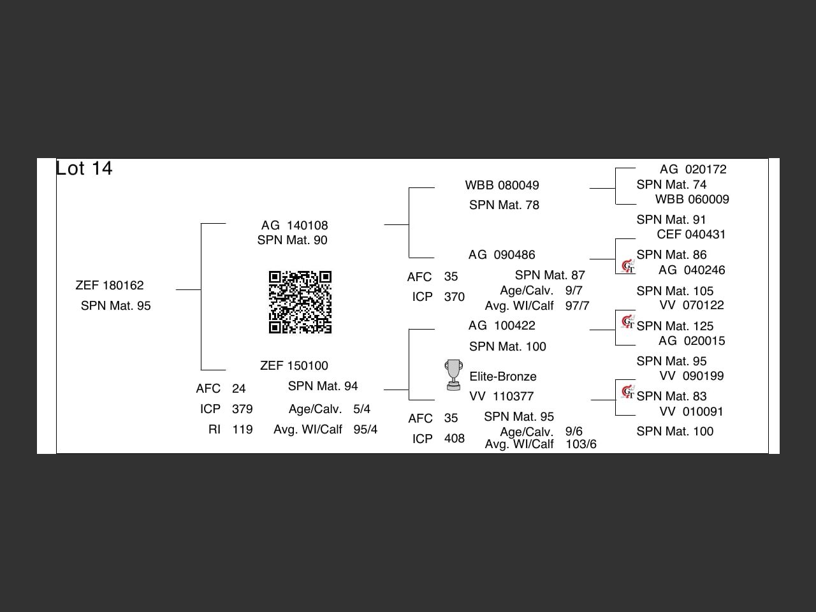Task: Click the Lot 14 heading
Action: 84,168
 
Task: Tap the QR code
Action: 300,302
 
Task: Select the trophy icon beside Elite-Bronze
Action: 453,374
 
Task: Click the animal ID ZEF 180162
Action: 110,286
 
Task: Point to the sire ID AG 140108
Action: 295,226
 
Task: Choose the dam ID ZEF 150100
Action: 294,366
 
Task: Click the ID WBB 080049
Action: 502,186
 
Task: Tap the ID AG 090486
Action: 502,255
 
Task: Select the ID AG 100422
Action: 502,326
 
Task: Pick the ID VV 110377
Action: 502,397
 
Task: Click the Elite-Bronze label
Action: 503,377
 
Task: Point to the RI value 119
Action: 242,430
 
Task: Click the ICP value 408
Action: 455,439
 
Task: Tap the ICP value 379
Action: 242,409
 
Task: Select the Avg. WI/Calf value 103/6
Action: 581,444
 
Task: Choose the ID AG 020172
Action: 693,170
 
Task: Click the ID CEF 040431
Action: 691,235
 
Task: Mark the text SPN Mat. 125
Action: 675,326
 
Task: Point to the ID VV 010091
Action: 692,412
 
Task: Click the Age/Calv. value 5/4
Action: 361,409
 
